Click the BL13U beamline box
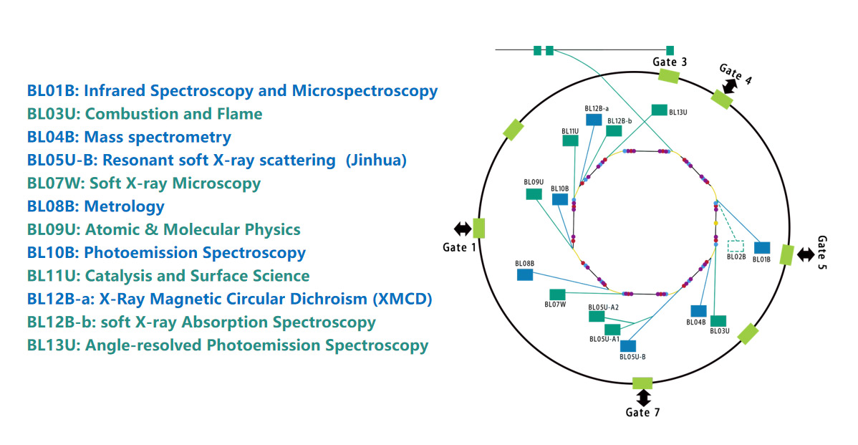[659, 110]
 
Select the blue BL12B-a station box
[593, 120]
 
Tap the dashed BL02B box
[736, 247]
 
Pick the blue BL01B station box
[761, 247]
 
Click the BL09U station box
[534, 194]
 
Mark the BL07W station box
[556, 294]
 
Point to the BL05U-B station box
[628, 346]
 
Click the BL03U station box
[718, 320]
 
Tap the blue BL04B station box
[698, 311]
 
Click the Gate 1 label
[460, 247]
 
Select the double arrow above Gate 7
[642, 396]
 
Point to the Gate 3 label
[670, 62]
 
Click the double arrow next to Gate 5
[806, 254]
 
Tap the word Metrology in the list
[124, 206]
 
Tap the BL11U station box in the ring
[570, 140]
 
